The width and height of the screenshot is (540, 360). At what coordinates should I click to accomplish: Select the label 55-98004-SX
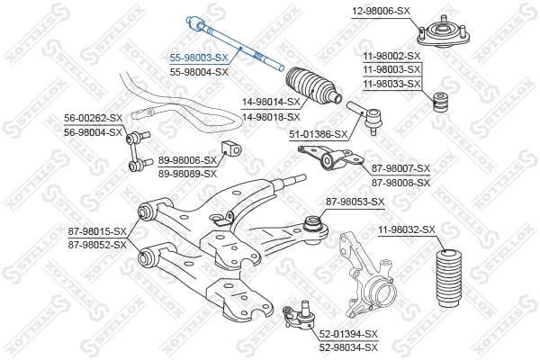[200, 71]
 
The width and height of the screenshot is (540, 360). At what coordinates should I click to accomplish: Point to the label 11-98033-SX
[391, 84]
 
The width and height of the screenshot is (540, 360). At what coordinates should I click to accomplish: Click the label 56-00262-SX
[93, 118]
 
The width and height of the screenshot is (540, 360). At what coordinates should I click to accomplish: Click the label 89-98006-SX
[188, 160]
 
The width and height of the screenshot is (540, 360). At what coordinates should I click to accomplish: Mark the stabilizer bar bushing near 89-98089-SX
[229, 150]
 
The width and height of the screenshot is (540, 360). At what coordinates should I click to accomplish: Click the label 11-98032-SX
[407, 231]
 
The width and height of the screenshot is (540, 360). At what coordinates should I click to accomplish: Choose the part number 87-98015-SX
[98, 231]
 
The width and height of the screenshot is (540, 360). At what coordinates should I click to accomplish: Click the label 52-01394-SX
[348, 334]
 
